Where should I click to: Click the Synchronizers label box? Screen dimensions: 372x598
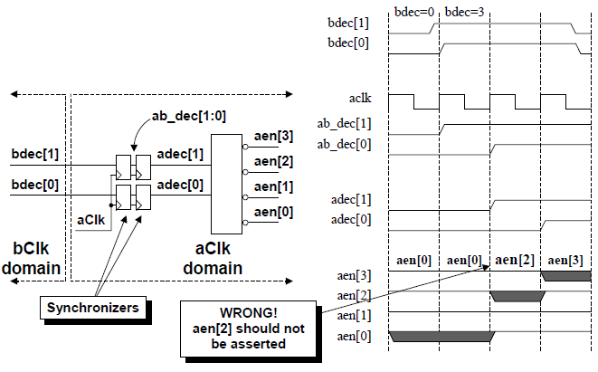pos(93,308)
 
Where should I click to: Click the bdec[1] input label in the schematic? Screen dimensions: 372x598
pos(35,153)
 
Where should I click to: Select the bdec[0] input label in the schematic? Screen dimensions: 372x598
pos(35,185)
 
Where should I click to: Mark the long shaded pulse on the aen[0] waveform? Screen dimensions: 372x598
pos(441,337)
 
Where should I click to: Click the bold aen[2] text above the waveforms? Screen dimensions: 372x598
pos(515,259)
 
